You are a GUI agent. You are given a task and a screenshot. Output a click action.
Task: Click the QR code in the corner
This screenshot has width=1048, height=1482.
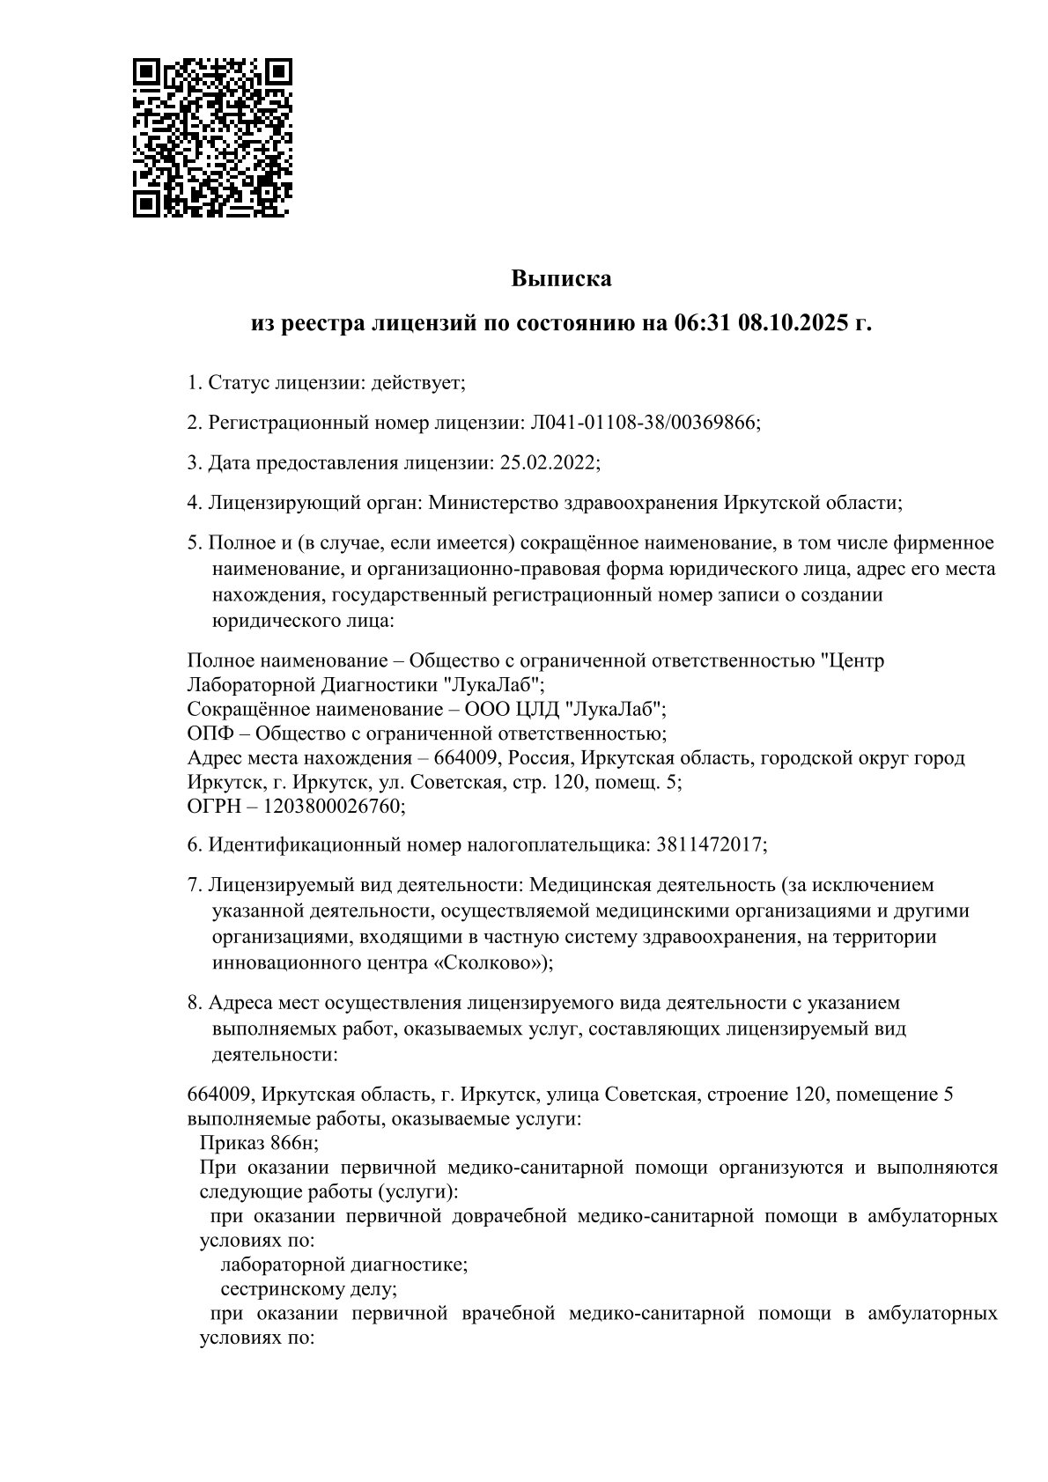(x=212, y=138)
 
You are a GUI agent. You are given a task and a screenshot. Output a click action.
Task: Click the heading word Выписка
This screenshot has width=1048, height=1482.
(x=561, y=279)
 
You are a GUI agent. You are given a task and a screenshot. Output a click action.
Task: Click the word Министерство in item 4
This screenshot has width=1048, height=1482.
(x=487, y=503)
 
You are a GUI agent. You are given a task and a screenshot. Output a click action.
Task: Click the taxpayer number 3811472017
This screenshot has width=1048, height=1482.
(x=709, y=844)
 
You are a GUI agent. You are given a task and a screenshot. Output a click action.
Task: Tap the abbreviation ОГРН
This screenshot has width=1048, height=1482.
(x=211, y=806)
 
